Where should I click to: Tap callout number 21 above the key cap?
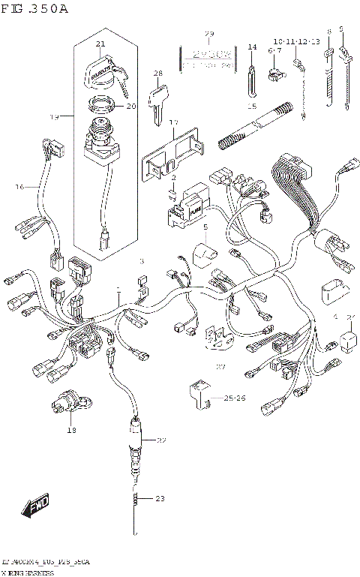click(100, 45)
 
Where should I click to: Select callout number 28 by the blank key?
click(158, 73)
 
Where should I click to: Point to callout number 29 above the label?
click(209, 35)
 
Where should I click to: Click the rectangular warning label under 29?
click(209, 59)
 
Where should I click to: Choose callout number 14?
click(253, 47)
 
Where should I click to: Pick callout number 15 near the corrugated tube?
click(253, 107)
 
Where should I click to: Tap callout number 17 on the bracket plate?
click(172, 122)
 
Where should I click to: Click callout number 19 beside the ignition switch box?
click(54, 117)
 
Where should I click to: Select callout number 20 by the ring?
click(130, 107)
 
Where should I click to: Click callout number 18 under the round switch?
click(72, 430)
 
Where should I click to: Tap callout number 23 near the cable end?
click(159, 498)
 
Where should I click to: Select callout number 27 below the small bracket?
click(220, 367)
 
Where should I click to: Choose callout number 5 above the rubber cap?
click(205, 227)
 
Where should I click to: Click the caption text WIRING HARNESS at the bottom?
click(31, 572)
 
